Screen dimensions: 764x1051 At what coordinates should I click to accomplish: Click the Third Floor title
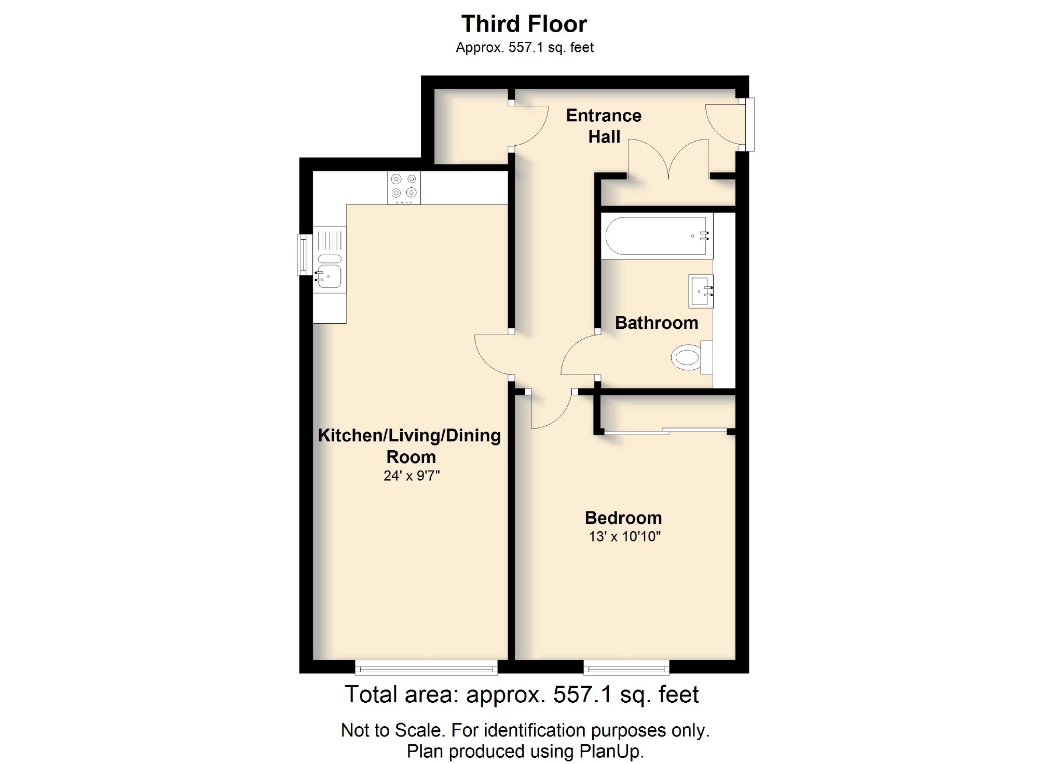[x=524, y=24]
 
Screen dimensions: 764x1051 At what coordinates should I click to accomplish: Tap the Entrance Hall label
[x=604, y=126]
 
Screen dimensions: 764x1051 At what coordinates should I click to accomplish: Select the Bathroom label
[x=657, y=323]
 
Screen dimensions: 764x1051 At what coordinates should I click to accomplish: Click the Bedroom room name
[x=623, y=518]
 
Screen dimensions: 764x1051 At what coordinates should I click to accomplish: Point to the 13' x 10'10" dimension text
[x=624, y=536]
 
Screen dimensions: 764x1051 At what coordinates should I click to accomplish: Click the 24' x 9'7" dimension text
[x=412, y=476]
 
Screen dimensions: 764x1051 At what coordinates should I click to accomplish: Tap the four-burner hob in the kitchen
[x=404, y=187]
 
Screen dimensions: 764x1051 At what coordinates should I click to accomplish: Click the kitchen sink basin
[x=329, y=276]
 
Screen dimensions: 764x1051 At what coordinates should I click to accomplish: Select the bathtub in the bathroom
[x=657, y=236]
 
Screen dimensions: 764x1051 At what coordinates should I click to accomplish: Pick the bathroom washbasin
[x=700, y=291]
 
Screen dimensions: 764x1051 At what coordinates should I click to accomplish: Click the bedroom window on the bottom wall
[x=626, y=668]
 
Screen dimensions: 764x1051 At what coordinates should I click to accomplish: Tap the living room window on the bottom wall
[x=426, y=668]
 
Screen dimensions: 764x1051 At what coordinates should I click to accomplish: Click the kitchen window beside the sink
[x=303, y=254]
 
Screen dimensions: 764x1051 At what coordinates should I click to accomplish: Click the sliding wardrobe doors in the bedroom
[x=666, y=430]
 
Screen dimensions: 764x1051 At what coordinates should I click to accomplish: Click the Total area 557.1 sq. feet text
[x=522, y=694]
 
